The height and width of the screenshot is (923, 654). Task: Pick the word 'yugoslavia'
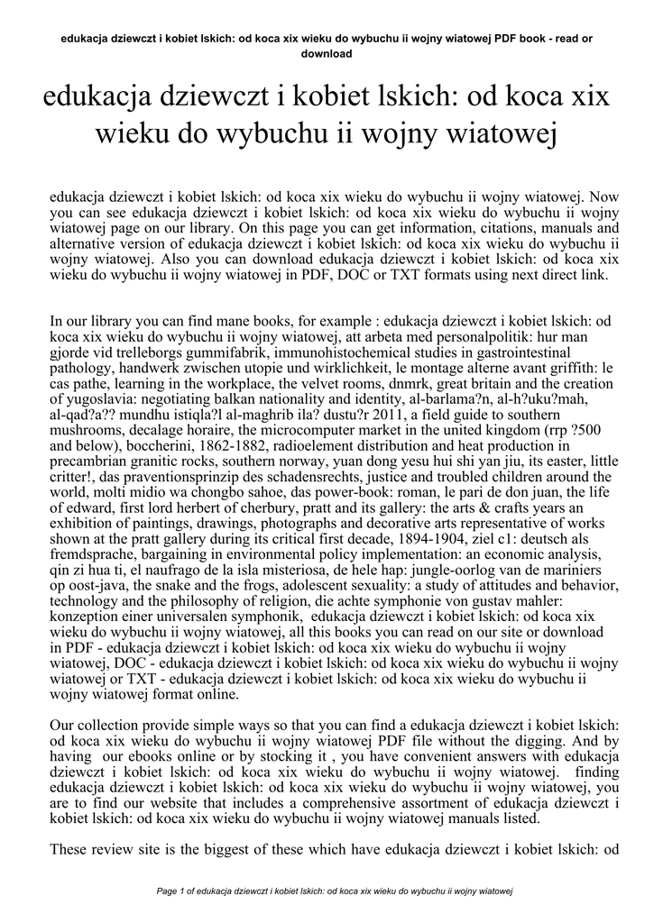(x=101, y=400)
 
